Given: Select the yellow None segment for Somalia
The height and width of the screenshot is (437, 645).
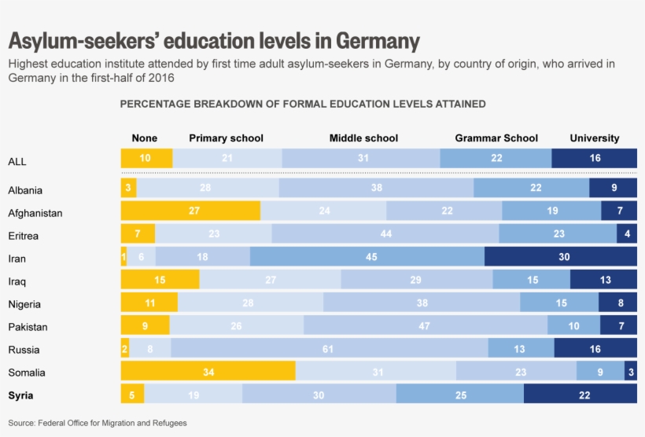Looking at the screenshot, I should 208,372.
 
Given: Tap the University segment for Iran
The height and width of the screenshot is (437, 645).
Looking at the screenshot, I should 560,257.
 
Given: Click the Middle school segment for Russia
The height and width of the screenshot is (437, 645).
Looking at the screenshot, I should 329,349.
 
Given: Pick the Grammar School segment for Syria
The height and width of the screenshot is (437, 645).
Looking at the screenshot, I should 459,395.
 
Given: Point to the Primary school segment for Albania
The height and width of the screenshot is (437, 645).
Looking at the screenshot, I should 207,189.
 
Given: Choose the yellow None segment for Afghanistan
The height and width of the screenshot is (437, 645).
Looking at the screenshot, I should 190,211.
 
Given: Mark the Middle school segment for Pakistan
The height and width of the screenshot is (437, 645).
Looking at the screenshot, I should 425,326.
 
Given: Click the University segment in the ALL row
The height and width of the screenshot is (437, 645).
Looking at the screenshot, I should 594,158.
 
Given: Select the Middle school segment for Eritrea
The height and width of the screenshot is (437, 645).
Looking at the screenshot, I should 385,234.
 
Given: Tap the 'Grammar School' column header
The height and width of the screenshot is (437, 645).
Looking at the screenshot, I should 496,138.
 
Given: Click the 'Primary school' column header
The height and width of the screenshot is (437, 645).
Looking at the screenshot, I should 226,138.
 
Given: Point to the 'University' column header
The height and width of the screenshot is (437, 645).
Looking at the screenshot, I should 594,138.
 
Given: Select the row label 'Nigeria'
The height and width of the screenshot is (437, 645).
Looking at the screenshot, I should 24,304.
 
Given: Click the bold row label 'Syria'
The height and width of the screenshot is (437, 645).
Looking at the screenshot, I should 20,395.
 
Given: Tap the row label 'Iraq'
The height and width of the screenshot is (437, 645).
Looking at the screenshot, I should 19,281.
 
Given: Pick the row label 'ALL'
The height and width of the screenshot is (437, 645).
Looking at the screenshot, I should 17,161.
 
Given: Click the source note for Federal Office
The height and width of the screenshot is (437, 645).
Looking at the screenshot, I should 98,423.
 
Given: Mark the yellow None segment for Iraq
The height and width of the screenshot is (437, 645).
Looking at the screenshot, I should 160,281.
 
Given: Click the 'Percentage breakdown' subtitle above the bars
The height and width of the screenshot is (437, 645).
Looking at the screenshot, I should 302,104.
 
